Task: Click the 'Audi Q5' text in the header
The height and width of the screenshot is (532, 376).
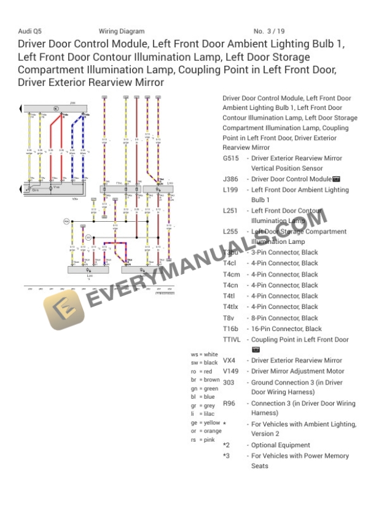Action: point(30,31)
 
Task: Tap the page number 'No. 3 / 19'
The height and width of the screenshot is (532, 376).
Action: point(269,31)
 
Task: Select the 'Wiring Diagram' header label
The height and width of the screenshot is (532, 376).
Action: point(122,31)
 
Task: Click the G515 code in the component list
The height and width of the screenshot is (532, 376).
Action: point(231,158)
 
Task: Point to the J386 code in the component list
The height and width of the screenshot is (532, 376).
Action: point(230,179)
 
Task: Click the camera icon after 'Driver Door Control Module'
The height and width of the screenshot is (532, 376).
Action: point(336,179)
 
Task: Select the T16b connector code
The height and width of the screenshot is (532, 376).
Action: point(231,329)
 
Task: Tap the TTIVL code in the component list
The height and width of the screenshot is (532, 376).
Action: point(232,340)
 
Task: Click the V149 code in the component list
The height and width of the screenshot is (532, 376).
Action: point(231,372)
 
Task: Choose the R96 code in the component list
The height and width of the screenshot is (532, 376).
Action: point(229,404)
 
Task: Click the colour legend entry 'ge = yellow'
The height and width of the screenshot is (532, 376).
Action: point(205,423)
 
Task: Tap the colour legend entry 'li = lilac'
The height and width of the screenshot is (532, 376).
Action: point(203,414)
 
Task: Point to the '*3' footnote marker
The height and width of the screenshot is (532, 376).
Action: point(227,456)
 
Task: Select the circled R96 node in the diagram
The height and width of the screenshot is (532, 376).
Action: point(66,221)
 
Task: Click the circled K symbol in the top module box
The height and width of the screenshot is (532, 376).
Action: point(56,108)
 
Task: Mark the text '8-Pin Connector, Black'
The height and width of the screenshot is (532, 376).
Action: point(284,318)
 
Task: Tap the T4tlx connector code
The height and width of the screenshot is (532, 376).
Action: point(230,307)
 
